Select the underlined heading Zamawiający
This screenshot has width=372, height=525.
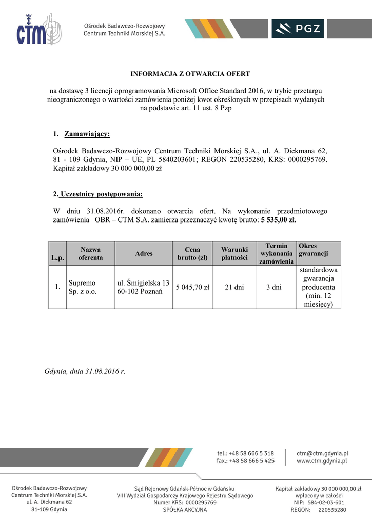(x=87, y=134)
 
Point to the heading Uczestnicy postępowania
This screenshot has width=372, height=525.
(x=101, y=194)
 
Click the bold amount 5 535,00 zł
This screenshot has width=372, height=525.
(x=278, y=220)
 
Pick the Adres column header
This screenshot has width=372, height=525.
(x=144, y=253)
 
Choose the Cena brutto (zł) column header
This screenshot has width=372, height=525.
(x=192, y=253)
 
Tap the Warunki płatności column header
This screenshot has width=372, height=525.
(x=234, y=253)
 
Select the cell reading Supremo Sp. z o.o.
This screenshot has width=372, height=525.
(x=82, y=287)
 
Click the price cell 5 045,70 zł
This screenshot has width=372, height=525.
(x=192, y=287)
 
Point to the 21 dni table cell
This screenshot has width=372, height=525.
(x=234, y=287)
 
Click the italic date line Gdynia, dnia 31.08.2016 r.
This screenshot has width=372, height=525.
(x=85, y=371)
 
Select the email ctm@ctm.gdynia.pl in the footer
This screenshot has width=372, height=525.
(x=323, y=453)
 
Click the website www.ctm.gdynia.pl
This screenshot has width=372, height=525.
(x=322, y=461)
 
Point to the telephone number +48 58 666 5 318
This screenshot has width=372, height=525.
(x=251, y=453)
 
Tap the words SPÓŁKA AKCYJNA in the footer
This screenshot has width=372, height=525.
(x=185, y=510)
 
